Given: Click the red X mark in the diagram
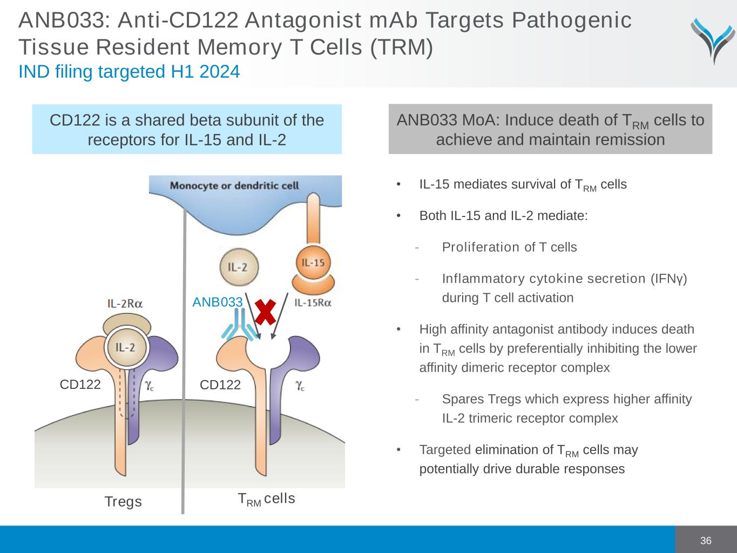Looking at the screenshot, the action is click(265, 312).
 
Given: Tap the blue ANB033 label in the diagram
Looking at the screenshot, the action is click(217, 302).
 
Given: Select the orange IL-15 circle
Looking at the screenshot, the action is click(313, 262).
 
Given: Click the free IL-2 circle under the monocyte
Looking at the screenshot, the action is click(239, 267).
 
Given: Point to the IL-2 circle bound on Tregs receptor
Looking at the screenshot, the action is click(126, 347).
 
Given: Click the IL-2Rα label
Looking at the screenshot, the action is click(125, 304).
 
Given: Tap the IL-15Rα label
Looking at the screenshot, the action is click(313, 303).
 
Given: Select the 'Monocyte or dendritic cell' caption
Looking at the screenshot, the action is click(234, 185).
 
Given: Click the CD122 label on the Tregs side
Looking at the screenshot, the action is click(80, 385).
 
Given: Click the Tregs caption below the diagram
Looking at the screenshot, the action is click(123, 502).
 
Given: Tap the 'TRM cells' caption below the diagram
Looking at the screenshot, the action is click(266, 499).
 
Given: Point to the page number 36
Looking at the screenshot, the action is click(706, 541).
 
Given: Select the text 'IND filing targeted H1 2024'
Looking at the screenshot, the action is click(129, 71).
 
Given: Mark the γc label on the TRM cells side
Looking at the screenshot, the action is click(300, 386).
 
